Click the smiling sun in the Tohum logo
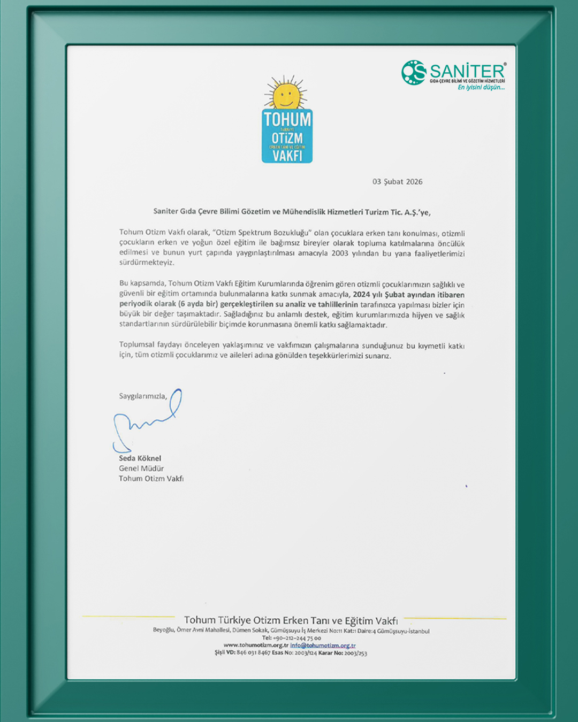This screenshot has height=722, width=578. [x=286, y=95]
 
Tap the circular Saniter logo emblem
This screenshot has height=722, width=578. [x=414, y=72]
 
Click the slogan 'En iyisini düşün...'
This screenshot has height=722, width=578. [x=481, y=87]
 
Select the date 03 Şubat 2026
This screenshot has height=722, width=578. [x=397, y=182]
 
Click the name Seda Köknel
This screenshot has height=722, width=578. [x=140, y=458]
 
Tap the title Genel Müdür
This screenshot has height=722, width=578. [x=141, y=468]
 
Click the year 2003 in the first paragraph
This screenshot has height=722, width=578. [x=340, y=253]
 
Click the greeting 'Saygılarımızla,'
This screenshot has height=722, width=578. [x=143, y=396]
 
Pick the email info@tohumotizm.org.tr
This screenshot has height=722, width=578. [x=323, y=646]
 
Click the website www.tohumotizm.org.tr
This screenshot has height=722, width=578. [x=256, y=646]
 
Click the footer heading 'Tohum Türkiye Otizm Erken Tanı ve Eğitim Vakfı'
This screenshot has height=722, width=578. [x=291, y=621]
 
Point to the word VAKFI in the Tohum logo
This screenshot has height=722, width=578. [x=287, y=156]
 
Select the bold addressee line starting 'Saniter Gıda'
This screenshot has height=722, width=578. [x=292, y=212]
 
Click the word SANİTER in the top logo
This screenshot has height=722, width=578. [x=467, y=71]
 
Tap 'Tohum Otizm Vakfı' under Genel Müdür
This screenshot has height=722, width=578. [x=151, y=479]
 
